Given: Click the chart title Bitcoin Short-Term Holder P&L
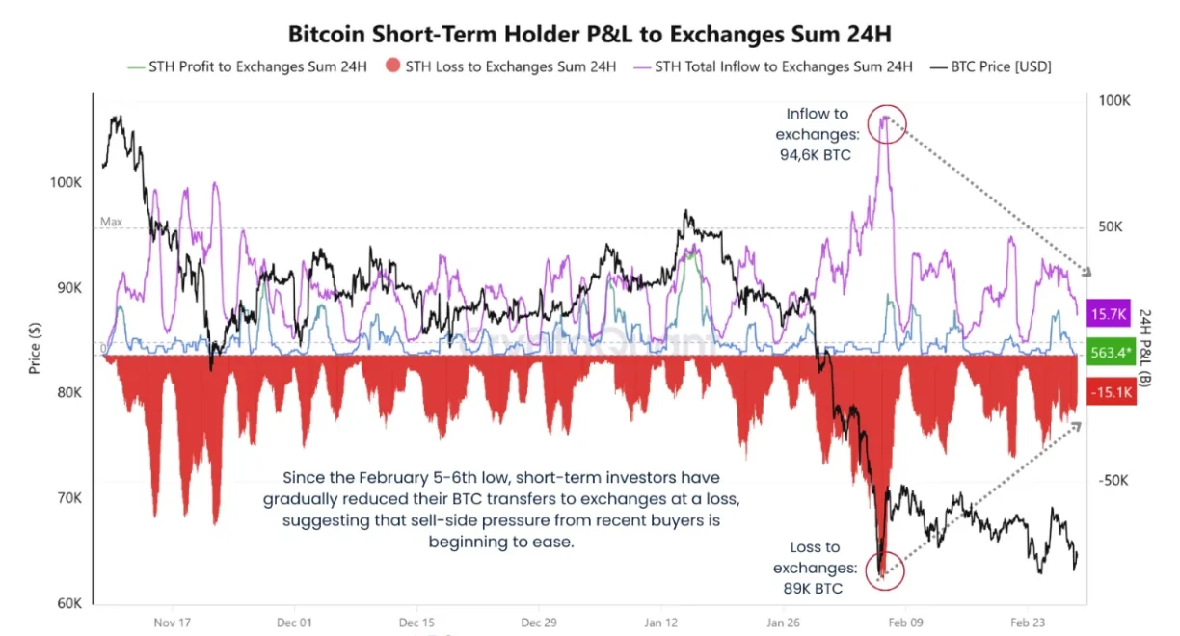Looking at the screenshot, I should click(x=589, y=33).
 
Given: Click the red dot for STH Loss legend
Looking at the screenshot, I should click(x=392, y=67).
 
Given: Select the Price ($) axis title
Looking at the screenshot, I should click(x=35, y=349).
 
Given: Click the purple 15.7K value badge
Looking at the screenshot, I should click(x=1110, y=314).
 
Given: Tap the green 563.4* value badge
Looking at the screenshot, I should click(x=1110, y=353).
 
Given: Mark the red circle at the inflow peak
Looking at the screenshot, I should click(x=885, y=124).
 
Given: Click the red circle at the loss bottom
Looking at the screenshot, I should click(x=883, y=569).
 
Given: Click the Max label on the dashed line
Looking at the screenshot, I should click(x=112, y=222).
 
